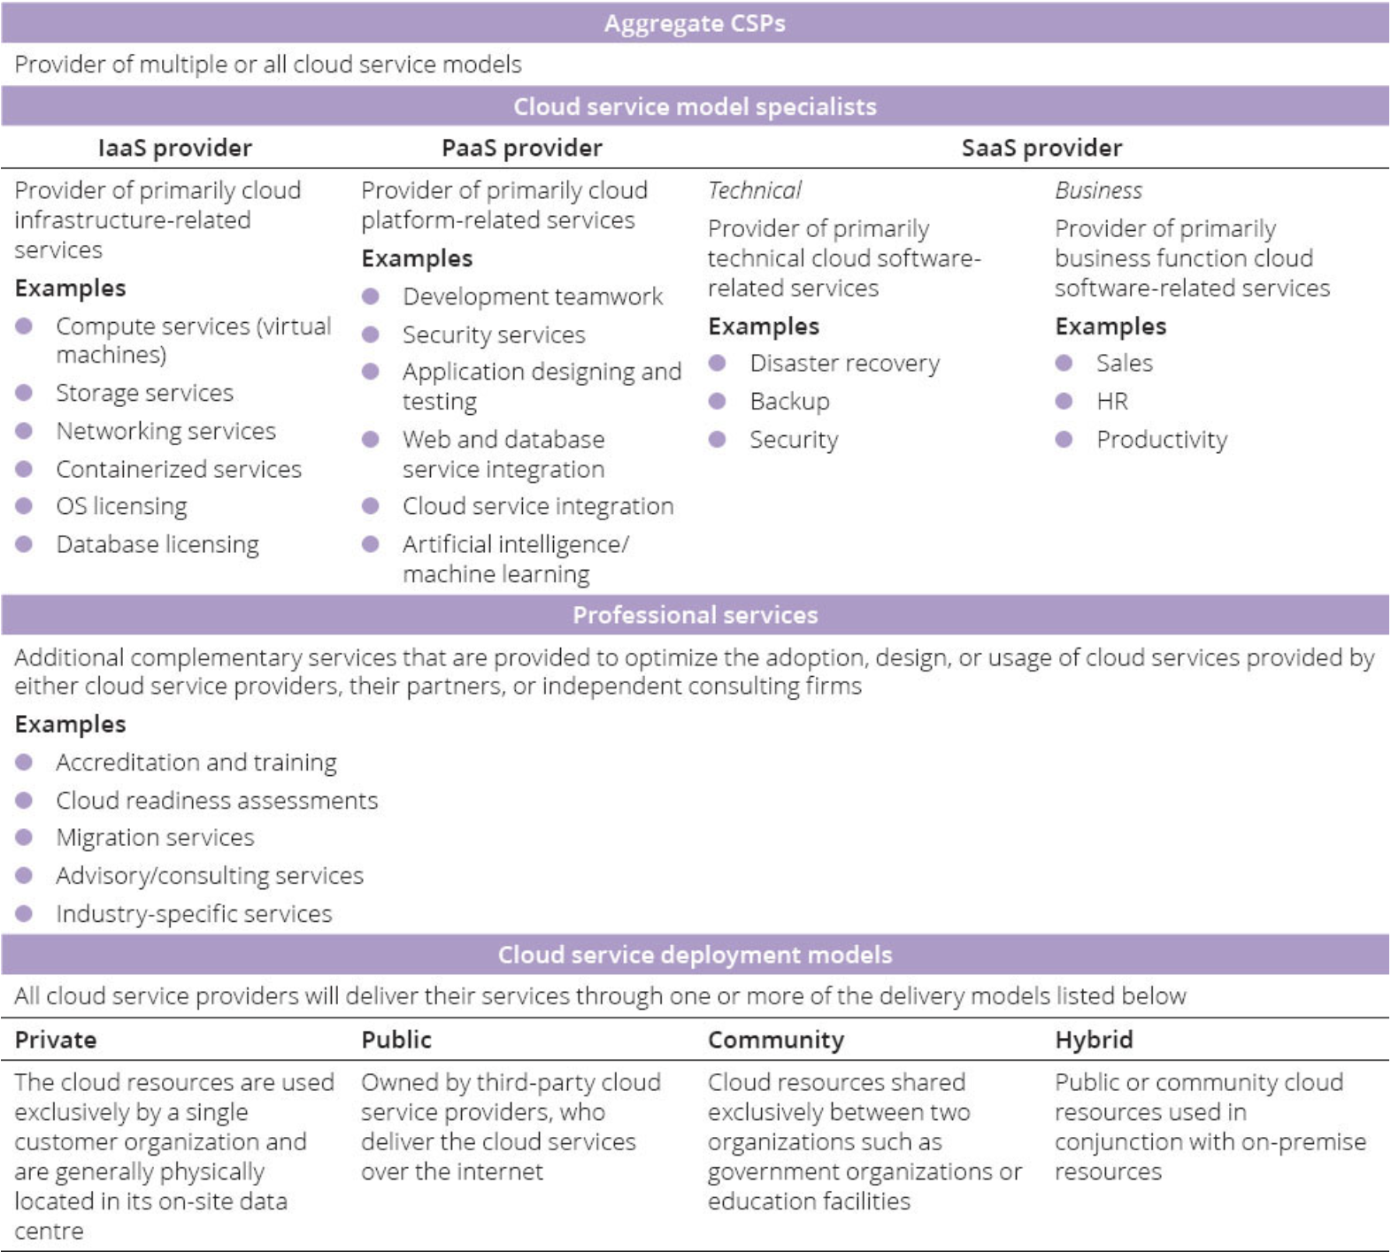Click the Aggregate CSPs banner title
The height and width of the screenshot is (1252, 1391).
[x=695, y=23]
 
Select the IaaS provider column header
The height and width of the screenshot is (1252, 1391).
[x=174, y=148]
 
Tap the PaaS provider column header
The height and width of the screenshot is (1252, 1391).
[x=521, y=148]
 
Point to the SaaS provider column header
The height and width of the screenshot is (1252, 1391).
[x=1041, y=148]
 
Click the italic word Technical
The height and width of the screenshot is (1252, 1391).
[x=754, y=190]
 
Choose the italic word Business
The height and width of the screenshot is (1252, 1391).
[x=1098, y=190]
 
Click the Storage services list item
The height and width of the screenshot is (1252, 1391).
[x=144, y=393]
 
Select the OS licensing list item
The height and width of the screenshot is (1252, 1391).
[x=121, y=506]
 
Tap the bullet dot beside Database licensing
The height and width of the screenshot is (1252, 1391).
[x=24, y=544]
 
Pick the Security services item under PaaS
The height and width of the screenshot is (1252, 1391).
[x=494, y=334]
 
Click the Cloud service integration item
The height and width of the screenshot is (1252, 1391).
[x=538, y=506]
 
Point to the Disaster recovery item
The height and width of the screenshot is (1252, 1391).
[x=844, y=364]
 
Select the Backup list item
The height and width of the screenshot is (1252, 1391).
[x=789, y=402]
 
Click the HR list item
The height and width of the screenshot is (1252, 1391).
[x=1112, y=402]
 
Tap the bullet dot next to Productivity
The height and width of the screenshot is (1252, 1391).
[x=1064, y=440]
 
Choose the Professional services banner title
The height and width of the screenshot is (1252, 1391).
[x=695, y=615]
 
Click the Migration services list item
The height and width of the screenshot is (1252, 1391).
[x=155, y=837]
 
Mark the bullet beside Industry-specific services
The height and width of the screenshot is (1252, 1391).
[x=24, y=913]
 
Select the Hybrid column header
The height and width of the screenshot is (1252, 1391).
[x=1094, y=1040]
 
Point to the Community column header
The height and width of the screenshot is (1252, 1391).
[x=776, y=1040]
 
